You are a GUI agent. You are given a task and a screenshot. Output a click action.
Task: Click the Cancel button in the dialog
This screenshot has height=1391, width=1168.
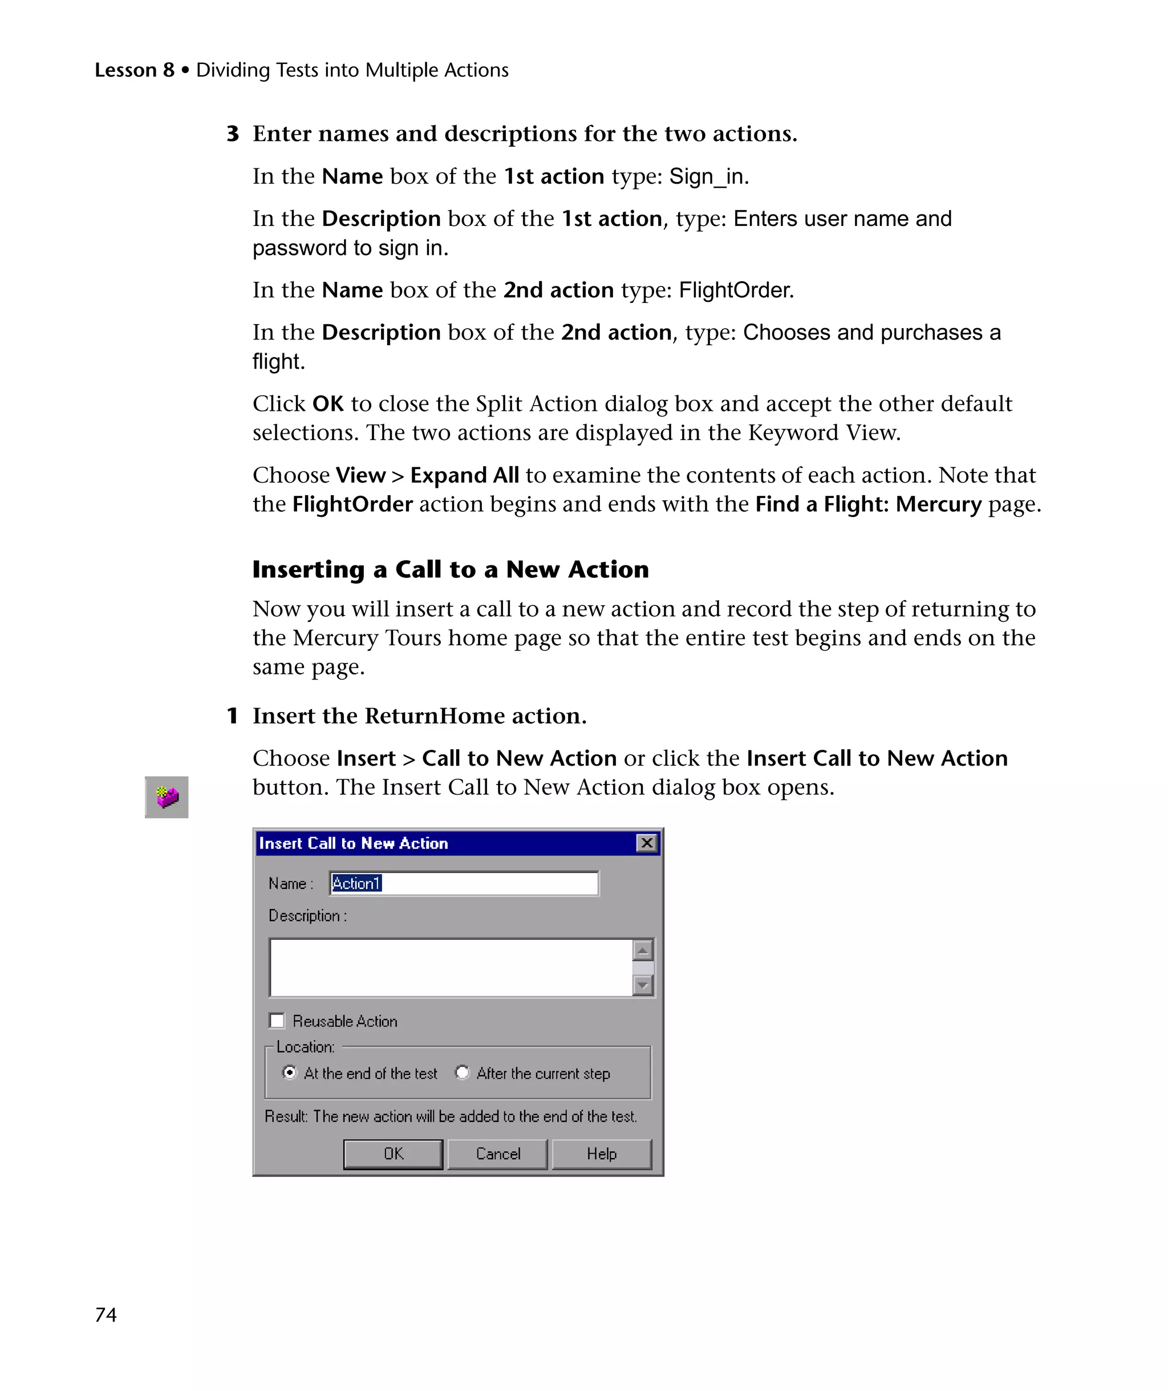[497, 1154]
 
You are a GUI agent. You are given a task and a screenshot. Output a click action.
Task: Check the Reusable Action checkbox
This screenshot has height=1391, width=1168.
[277, 1021]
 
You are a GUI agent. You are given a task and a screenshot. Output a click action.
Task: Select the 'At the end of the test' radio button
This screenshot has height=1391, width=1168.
[289, 1073]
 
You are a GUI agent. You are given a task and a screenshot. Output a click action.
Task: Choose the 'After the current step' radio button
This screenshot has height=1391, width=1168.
[462, 1073]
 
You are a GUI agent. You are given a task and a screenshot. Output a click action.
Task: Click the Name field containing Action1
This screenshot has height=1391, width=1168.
[464, 884]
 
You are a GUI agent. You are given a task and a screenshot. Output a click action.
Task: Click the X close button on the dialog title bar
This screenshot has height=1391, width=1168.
[646, 843]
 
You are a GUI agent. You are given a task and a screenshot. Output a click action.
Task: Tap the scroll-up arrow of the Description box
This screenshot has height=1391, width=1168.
[642, 951]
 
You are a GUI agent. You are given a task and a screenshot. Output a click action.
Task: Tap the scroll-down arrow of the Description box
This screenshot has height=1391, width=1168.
[642, 985]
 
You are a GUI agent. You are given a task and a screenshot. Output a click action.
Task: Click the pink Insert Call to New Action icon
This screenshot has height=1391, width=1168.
[167, 797]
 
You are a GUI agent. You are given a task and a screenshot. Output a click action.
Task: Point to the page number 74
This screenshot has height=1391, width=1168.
[106, 1315]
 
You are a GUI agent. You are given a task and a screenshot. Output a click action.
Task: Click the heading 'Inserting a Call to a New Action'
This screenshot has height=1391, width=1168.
[450, 569]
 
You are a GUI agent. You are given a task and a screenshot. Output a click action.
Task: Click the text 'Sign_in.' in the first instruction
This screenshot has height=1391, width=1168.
[708, 177]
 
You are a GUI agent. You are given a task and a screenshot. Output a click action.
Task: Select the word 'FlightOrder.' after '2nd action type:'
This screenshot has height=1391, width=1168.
[736, 290]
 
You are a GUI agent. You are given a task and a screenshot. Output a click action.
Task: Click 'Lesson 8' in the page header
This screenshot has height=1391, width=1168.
[135, 70]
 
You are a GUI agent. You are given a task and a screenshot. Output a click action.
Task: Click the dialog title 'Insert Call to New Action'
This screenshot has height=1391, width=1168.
[354, 843]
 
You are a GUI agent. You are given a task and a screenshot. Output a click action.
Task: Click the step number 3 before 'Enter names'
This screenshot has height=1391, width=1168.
[233, 134]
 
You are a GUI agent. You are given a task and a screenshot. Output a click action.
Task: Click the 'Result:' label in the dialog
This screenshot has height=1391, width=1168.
[286, 1117]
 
